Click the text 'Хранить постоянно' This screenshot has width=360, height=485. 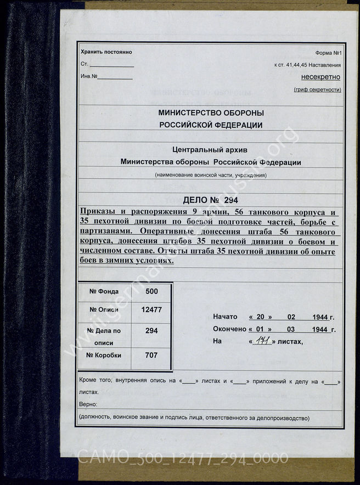click(106, 52)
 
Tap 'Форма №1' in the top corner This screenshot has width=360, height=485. click(328, 53)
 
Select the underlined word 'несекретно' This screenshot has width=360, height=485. click(320, 77)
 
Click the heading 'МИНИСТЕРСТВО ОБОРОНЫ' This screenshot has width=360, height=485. click(210, 112)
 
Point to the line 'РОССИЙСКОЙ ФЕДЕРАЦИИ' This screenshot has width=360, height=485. click(210, 125)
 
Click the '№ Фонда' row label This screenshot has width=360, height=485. click(105, 292)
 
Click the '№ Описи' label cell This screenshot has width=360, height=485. click(105, 309)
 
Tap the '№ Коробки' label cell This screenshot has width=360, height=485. click(105, 355)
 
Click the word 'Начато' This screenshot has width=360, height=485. click(225, 317)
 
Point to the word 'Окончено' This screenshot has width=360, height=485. click(229, 329)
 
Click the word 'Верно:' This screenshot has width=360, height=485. click(88, 404)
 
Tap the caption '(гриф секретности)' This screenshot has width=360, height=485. click(317, 89)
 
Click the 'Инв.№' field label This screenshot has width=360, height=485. click(89, 76)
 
